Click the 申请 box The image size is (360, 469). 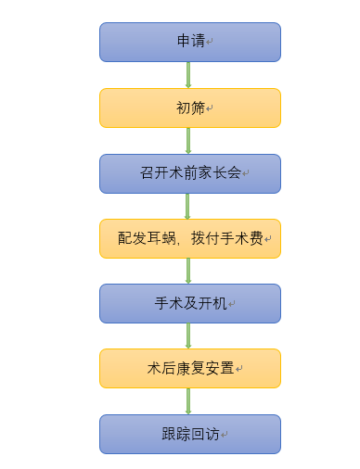pyautogui.click(x=190, y=42)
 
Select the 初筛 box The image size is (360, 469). pyautogui.click(x=190, y=108)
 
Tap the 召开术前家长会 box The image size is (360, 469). pyautogui.click(x=190, y=173)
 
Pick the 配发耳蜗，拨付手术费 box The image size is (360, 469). pyautogui.click(x=190, y=238)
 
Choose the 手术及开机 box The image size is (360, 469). pyautogui.click(x=190, y=303)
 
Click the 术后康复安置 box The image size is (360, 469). pyautogui.click(x=190, y=368)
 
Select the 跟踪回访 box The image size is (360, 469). pyautogui.click(x=190, y=434)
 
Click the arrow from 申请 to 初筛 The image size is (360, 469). pyautogui.click(x=188, y=75)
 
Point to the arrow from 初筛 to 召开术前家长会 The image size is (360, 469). pyautogui.click(x=188, y=141)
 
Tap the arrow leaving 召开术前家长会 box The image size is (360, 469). pyautogui.click(x=188, y=206)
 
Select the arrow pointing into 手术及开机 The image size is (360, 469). pyautogui.click(x=188, y=271)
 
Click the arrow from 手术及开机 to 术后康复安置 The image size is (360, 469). pyautogui.click(x=188, y=336)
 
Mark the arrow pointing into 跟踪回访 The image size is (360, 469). pyautogui.click(x=188, y=401)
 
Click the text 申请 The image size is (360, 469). pyautogui.click(x=191, y=42)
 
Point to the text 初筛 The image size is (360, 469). pyautogui.click(x=190, y=108)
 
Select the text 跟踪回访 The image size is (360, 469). pyautogui.click(x=190, y=434)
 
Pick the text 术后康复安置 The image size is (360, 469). pyautogui.click(x=190, y=368)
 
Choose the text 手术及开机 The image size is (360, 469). pyautogui.click(x=190, y=303)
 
